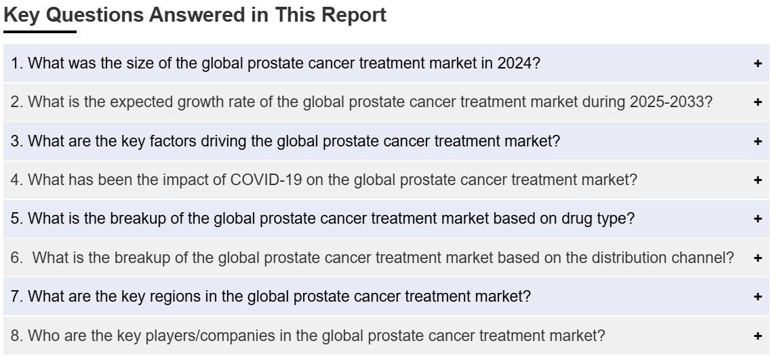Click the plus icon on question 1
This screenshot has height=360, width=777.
pyautogui.click(x=757, y=63)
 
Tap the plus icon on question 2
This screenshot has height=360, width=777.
pyautogui.click(x=757, y=102)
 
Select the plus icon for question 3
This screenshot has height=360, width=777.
pyautogui.click(x=757, y=141)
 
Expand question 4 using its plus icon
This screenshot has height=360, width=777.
pyautogui.click(x=757, y=180)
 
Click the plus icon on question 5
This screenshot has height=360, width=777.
pyautogui.click(x=757, y=218)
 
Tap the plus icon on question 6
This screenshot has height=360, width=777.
pyautogui.click(x=757, y=258)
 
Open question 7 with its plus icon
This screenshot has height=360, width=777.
pyautogui.click(x=757, y=297)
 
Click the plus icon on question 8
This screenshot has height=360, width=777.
pyautogui.click(x=757, y=336)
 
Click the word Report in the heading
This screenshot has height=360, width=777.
pyautogui.click(x=354, y=16)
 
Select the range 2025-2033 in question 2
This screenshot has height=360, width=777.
pyautogui.click(x=666, y=102)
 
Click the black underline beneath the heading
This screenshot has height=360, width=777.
pyautogui.click(x=39, y=32)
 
